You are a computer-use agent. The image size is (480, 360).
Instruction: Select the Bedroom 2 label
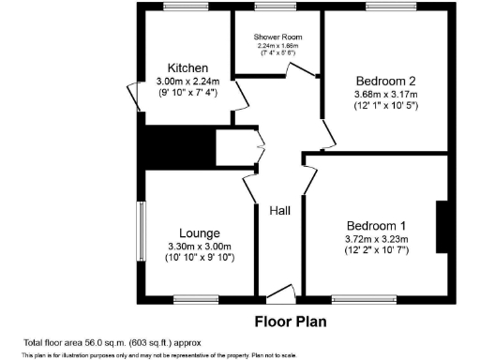(385, 80)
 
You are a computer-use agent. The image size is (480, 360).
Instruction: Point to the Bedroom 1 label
(376, 226)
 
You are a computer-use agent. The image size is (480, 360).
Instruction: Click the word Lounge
(199, 232)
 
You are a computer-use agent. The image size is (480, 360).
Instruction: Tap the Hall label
(280, 211)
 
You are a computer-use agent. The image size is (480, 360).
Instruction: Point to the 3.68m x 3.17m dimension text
(385, 94)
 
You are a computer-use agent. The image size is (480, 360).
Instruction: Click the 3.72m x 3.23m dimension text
(376, 239)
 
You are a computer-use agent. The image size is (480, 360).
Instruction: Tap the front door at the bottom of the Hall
(279, 296)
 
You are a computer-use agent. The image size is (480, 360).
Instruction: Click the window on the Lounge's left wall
(142, 228)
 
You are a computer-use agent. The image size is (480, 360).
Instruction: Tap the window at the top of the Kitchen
(185, 7)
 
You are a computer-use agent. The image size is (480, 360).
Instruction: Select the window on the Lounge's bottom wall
(195, 300)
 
